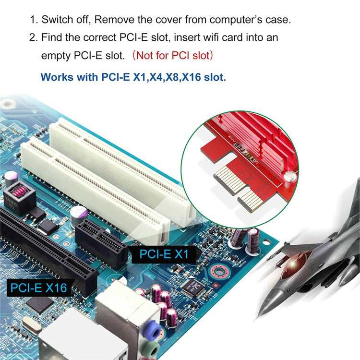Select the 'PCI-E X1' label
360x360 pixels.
(x=164, y=254)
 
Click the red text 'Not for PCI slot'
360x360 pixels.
(x=172, y=55)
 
